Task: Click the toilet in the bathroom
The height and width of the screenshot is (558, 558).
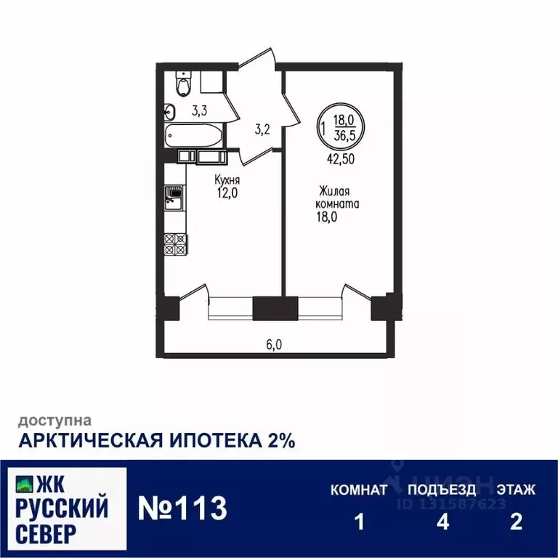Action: [x=185, y=86]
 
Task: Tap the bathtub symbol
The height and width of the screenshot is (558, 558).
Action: [x=191, y=136]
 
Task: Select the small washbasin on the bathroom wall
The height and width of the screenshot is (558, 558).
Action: [x=170, y=112]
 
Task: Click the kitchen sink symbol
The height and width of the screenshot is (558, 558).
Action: [x=173, y=197]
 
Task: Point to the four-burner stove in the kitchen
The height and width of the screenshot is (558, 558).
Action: [x=175, y=243]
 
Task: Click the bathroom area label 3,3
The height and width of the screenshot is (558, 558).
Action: [x=199, y=111]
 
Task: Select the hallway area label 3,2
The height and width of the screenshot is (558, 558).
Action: [x=262, y=131]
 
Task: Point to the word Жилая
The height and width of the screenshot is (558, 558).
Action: [x=335, y=192]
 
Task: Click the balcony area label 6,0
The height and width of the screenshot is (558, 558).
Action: [x=273, y=345]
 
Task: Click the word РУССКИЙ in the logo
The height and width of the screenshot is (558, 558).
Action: [x=61, y=506]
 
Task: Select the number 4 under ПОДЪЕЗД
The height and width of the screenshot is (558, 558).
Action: [x=441, y=522]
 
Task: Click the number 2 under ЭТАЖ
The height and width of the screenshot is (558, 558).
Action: [x=517, y=522]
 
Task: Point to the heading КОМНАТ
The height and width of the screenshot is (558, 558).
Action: [x=359, y=490]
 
